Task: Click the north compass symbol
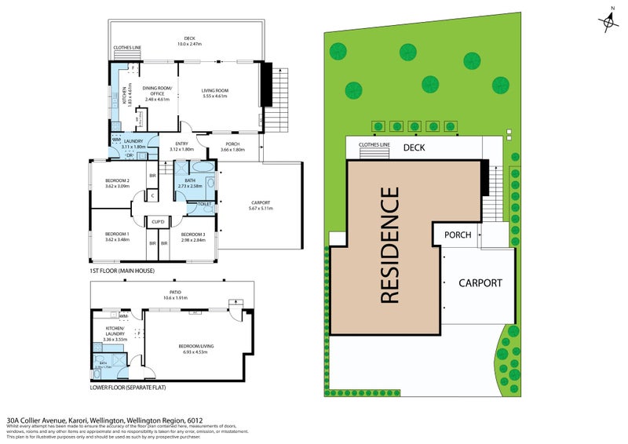[609, 22]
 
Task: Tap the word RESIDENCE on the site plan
[390, 246]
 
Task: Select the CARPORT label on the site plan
[480, 282]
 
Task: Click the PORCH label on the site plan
[458, 235]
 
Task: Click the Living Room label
[214, 90]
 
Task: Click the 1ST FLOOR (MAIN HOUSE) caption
[122, 271]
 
